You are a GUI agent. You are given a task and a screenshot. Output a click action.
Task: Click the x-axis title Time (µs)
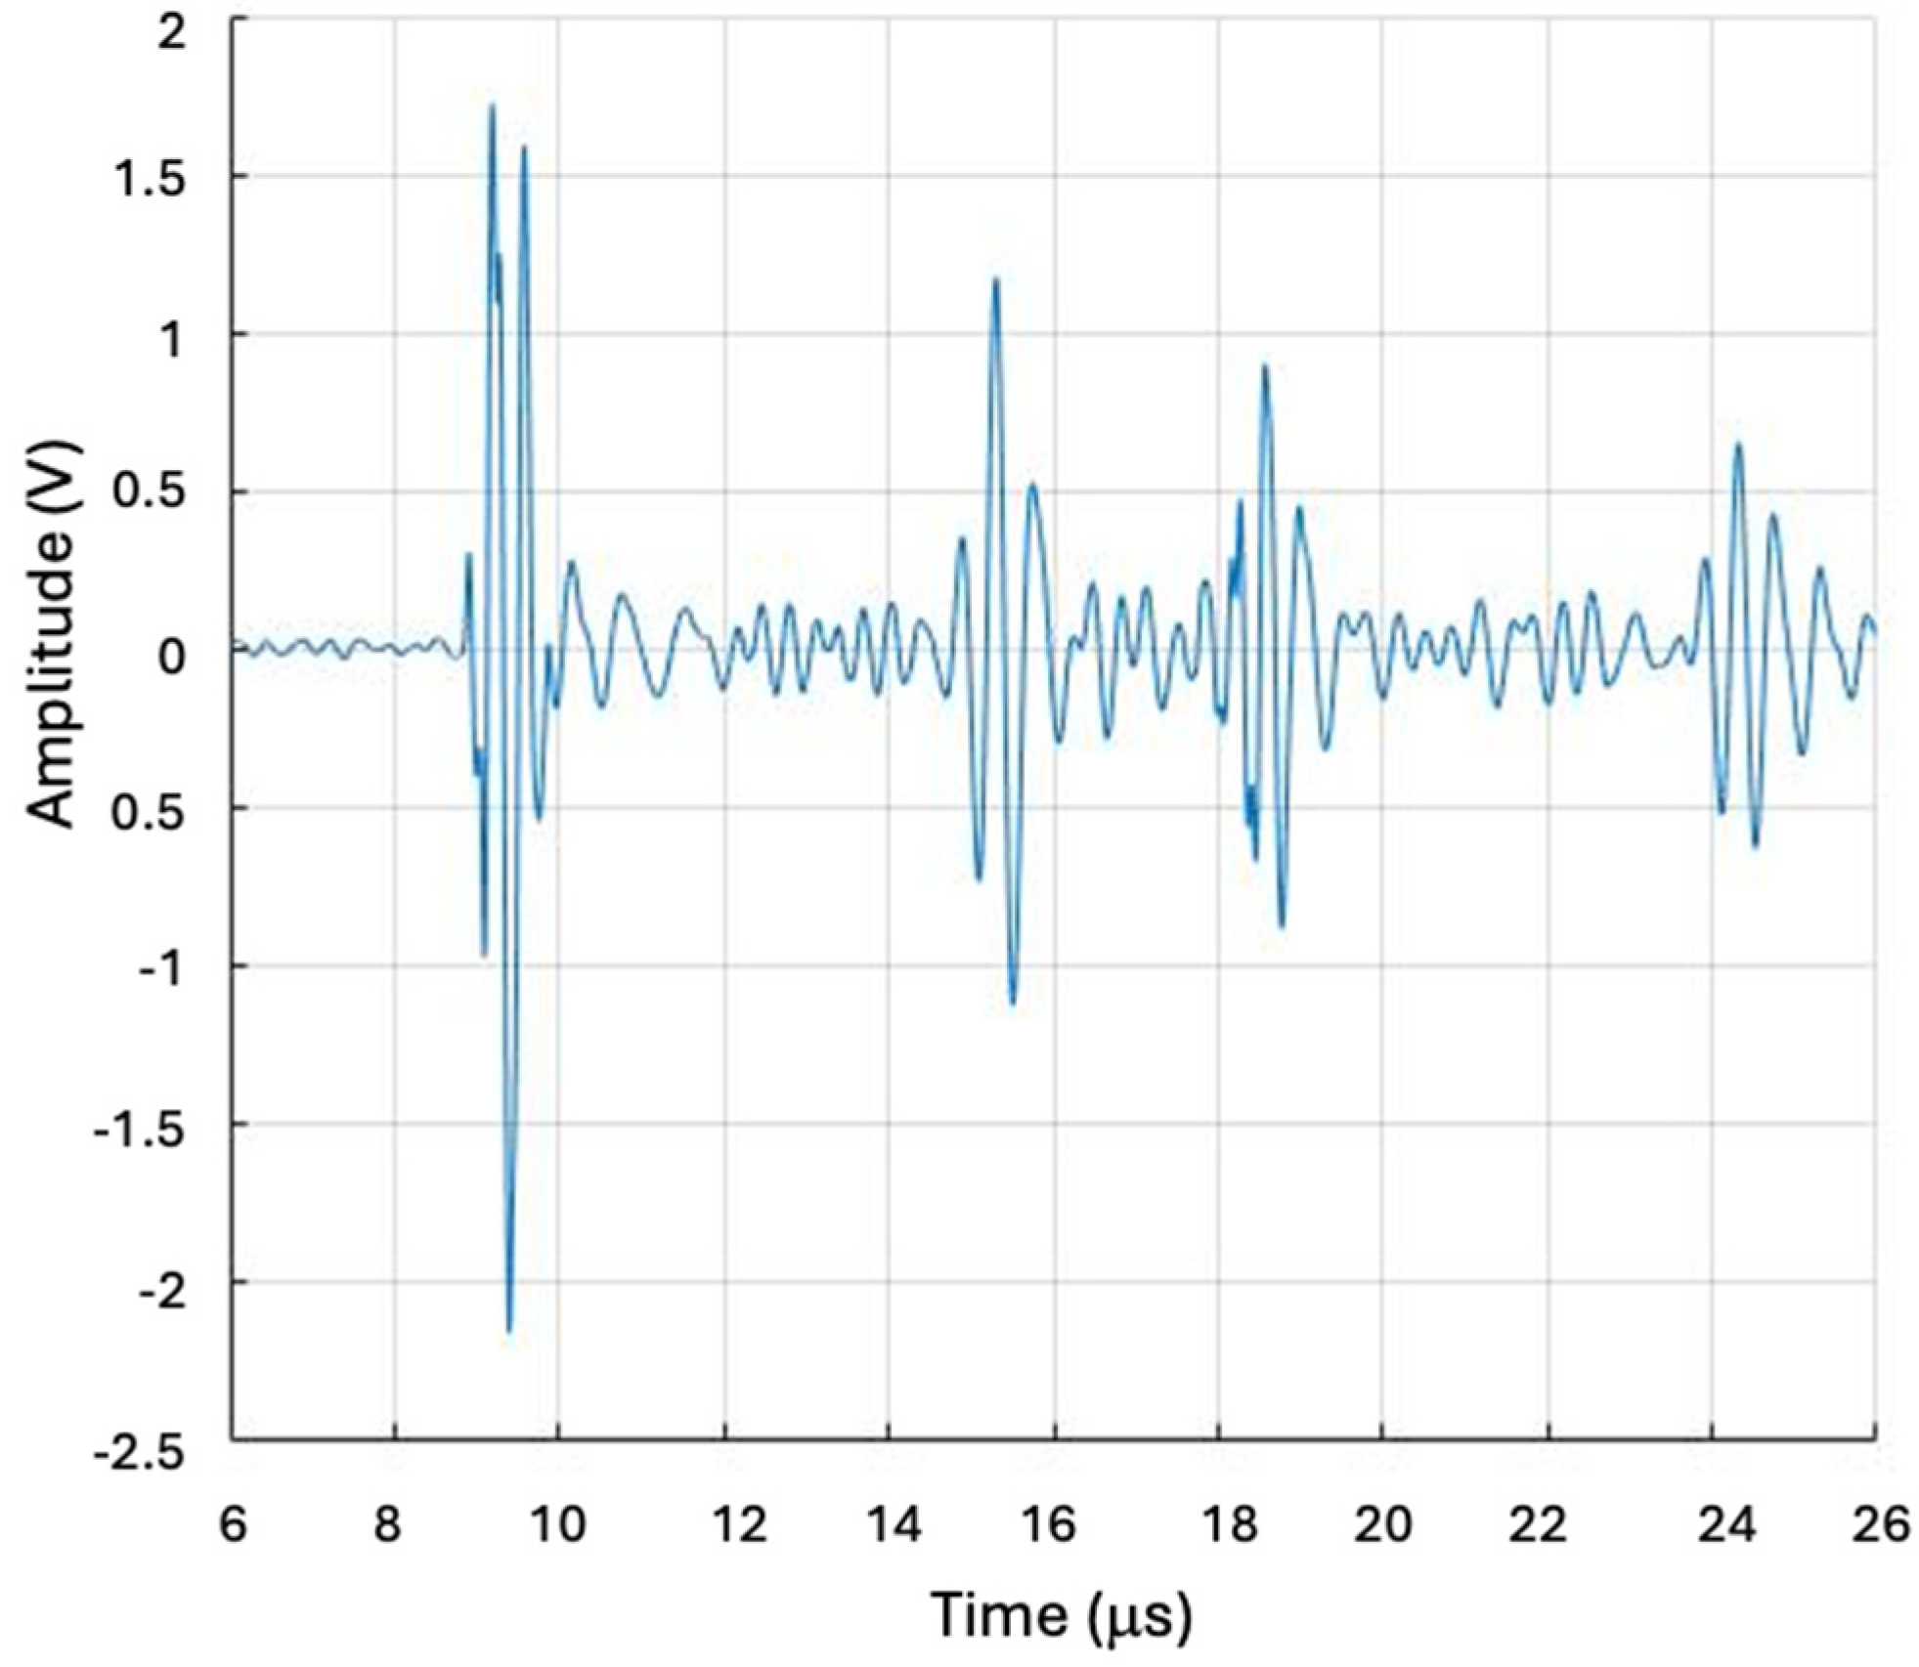[x=1061, y=1614]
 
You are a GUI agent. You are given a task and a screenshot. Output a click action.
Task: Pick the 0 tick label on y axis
[x=171, y=656]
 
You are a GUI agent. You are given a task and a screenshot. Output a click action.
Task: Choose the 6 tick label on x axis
[x=233, y=1523]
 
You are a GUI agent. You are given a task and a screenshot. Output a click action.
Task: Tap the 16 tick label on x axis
[x=1052, y=1523]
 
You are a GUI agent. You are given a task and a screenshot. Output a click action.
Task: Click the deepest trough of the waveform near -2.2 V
[x=508, y=1330]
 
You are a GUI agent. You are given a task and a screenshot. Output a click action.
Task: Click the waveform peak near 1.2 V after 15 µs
[x=996, y=280]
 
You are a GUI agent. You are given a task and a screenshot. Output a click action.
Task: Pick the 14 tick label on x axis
[x=893, y=1523]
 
